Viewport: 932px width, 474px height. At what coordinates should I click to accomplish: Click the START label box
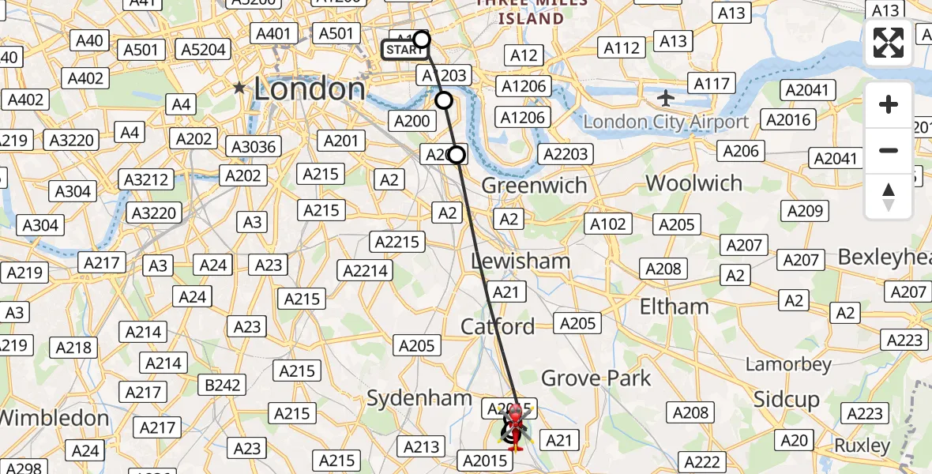point(406,51)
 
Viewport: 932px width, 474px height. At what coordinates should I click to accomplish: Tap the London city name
point(309,88)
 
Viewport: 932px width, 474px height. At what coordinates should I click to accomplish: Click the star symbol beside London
point(240,88)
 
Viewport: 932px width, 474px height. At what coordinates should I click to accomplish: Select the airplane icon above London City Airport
point(667,99)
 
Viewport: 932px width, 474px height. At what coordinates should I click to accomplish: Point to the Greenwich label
point(534,186)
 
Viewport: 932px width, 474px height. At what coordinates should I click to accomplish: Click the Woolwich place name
point(693,183)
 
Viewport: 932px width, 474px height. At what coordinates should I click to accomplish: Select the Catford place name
point(498,326)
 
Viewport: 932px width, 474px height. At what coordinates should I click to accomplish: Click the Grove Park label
point(596,378)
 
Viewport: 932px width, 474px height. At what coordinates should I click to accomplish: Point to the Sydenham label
point(419,399)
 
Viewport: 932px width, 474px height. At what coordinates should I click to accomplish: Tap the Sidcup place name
point(787,399)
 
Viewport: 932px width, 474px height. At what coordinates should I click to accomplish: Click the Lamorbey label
point(789,364)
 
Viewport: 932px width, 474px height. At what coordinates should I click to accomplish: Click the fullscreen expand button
point(889,43)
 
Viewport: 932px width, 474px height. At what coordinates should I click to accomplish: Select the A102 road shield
point(609,224)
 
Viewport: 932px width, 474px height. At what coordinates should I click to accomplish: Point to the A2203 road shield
point(565,154)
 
